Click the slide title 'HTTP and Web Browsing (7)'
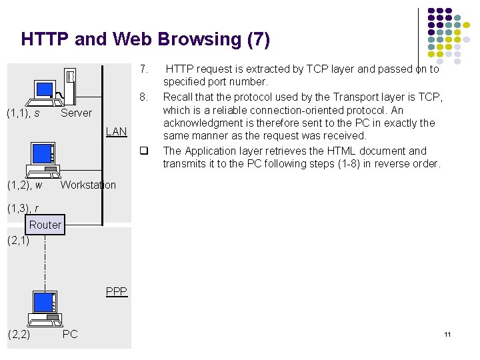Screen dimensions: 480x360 coord(145,39)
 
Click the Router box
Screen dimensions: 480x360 coord(45,225)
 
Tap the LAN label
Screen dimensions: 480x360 coord(116,131)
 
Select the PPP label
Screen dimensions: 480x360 coord(116,291)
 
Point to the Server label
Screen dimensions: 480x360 coord(76,113)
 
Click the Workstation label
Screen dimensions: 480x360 coord(88,185)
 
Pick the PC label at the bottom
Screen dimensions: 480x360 coord(70,334)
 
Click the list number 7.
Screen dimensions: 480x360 coord(143,69)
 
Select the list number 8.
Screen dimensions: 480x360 coord(143,97)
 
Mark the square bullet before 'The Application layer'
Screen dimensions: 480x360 coord(143,151)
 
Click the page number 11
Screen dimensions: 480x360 coord(447,334)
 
